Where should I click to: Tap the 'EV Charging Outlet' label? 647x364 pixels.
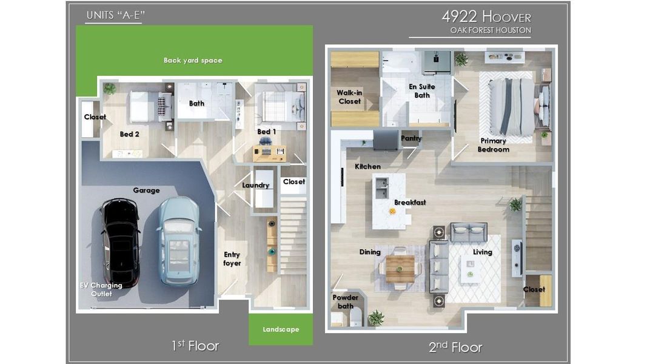[101, 289]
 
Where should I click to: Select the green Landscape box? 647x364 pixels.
[281, 329]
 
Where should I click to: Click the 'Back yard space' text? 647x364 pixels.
[193, 61]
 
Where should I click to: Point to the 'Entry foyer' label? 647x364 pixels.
[232, 259]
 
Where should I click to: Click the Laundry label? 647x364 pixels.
[255, 185]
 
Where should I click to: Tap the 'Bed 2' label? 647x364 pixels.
[129, 134]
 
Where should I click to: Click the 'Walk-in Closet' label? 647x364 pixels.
[349, 97]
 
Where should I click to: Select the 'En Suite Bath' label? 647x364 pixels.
[422, 91]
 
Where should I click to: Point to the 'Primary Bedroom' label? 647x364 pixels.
[493, 145]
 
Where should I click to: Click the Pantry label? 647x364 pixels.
[411, 138]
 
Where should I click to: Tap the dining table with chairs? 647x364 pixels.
[400, 268]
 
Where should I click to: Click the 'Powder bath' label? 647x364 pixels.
[345, 302]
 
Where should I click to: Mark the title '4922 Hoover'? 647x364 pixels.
[486, 16]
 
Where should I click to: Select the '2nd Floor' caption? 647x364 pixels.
[455, 347]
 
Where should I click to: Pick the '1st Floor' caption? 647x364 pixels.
[195, 346]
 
